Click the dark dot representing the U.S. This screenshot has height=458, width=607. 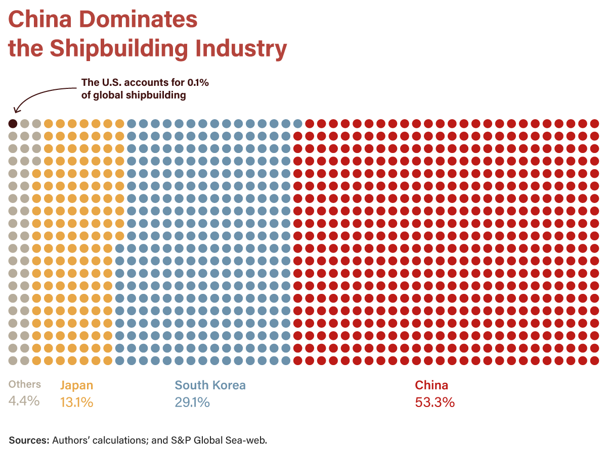[13, 123]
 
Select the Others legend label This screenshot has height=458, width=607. [25, 384]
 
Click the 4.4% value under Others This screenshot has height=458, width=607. [24, 401]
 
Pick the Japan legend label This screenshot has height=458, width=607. [77, 385]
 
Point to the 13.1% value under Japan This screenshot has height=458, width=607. [76, 402]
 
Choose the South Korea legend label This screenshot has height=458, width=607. [210, 385]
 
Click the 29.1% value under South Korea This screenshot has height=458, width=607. [192, 402]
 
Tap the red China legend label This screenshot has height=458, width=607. [431, 385]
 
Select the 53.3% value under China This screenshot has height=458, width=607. [435, 402]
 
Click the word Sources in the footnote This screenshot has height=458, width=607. [28, 440]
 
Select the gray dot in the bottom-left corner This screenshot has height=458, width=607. [13, 360]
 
